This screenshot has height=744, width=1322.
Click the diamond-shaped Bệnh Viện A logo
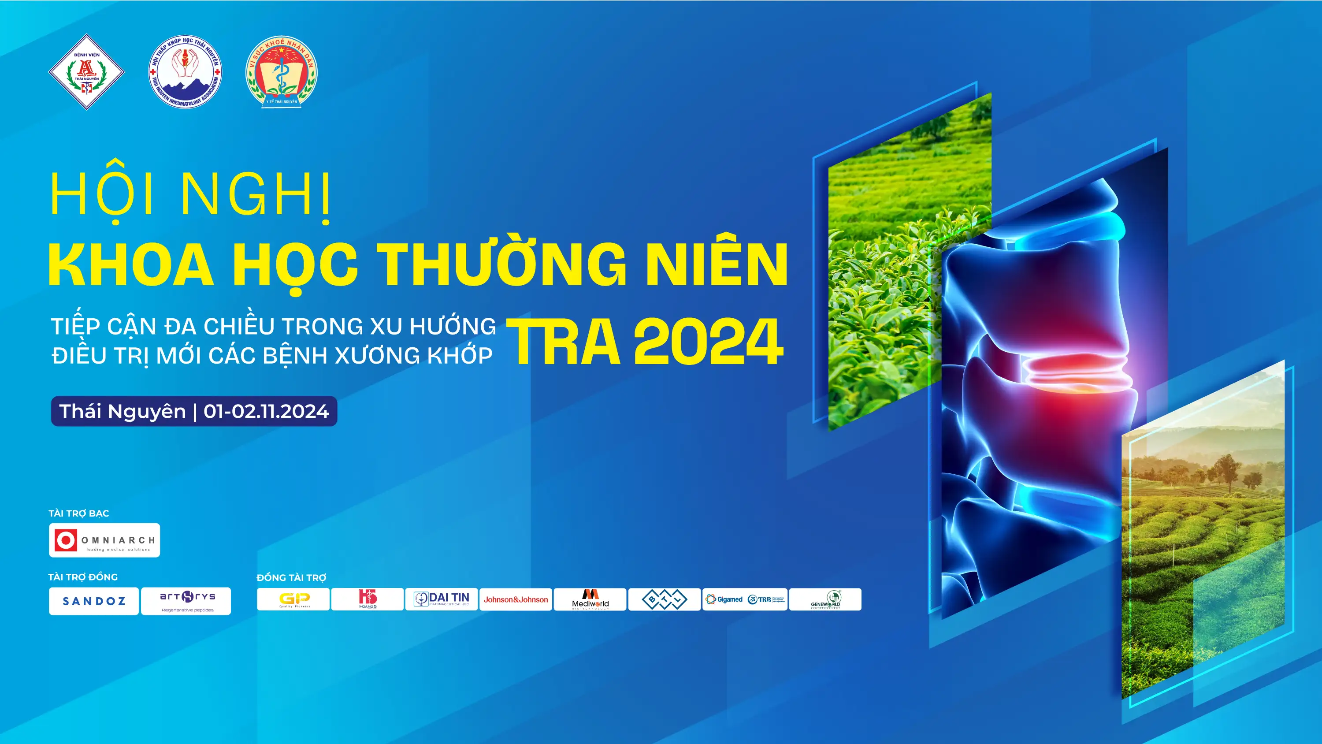click(x=86, y=72)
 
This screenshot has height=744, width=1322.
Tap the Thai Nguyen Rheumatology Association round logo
click(x=185, y=72)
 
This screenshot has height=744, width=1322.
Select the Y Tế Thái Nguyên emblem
click(x=281, y=72)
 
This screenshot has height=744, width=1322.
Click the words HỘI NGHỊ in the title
click(x=190, y=195)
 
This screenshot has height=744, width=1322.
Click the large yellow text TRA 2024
click(x=645, y=342)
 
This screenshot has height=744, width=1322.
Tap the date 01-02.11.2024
click(x=266, y=411)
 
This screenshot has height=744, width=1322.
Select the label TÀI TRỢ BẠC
click(x=78, y=513)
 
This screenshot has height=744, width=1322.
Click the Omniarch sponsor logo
click(x=104, y=540)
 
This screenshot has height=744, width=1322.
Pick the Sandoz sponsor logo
click(x=94, y=601)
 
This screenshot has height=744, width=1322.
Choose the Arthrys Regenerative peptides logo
click(x=186, y=601)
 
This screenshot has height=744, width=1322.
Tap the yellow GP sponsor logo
click(x=293, y=599)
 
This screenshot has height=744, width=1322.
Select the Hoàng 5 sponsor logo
click(x=368, y=599)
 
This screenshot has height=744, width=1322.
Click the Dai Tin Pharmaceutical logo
click(x=442, y=599)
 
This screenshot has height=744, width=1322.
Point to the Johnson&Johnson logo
click(x=516, y=599)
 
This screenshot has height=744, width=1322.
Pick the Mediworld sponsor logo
click(x=590, y=599)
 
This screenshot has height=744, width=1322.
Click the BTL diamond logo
click(x=664, y=599)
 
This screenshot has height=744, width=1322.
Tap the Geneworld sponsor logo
click(x=825, y=599)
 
